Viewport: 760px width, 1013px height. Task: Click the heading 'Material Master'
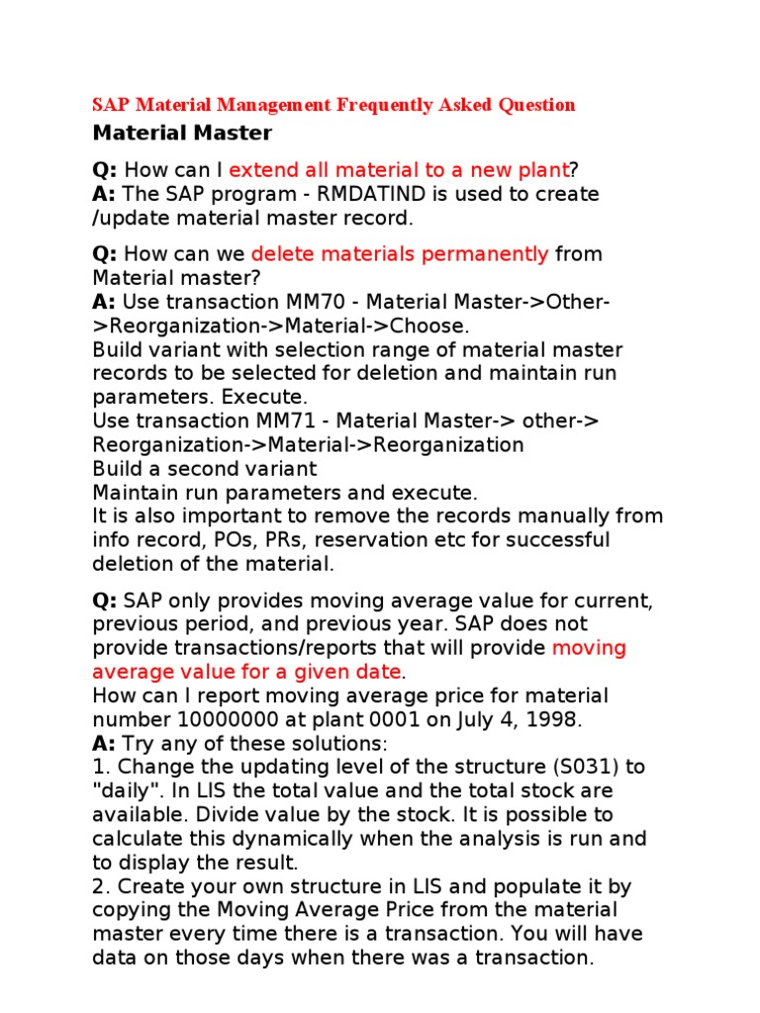(x=182, y=132)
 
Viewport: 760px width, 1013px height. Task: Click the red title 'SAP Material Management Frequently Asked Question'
(x=333, y=104)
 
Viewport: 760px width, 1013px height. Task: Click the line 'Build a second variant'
(x=205, y=469)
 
